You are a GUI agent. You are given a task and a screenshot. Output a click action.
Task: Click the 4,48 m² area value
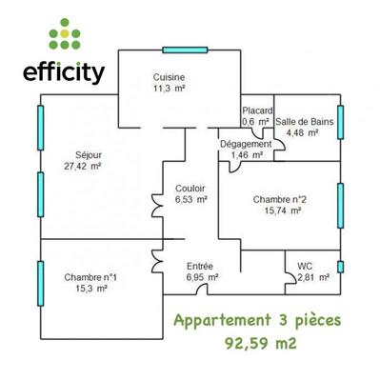coord(304,132)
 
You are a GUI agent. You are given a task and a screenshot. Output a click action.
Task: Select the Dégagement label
coord(247,144)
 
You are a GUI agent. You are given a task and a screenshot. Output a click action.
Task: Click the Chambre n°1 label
coord(90,276)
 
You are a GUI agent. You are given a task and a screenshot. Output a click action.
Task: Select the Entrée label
coord(200,266)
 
